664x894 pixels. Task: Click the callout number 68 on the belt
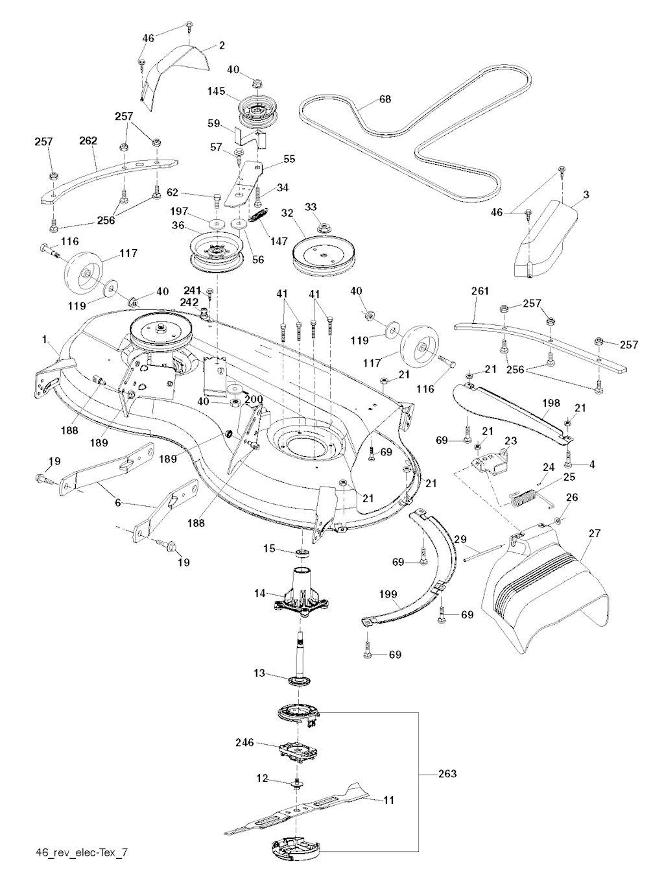tap(385, 100)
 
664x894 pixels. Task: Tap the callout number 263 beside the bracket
tap(447, 773)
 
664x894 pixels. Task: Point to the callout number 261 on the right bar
tap(480, 291)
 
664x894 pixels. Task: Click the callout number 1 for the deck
tap(44, 339)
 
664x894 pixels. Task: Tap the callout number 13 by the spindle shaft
tap(259, 673)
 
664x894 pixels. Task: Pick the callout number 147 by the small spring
tap(280, 241)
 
